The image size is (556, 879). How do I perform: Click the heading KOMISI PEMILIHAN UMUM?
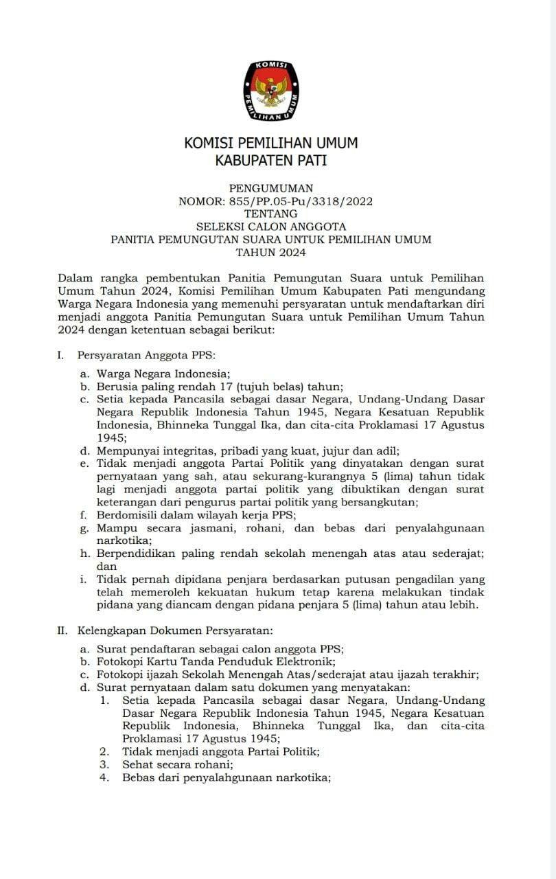point(271,144)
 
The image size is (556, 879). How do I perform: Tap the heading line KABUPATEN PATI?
point(271,161)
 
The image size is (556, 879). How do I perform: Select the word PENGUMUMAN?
point(271,188)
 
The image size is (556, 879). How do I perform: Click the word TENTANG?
point(271,214)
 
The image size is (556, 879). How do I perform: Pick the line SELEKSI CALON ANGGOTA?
point(271,227)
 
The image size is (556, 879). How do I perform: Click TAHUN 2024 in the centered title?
point(271,252)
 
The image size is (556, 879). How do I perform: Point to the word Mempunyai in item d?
point(127,451)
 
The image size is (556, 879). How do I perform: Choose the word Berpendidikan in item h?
point(137,554)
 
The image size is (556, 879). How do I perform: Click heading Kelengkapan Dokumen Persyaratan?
point(175,630)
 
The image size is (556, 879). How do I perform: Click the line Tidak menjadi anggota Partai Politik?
point(220,752)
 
